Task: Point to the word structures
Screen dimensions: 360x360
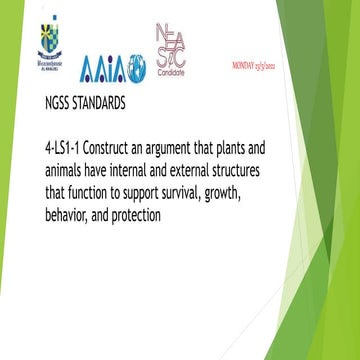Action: click(x=301, y=169)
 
